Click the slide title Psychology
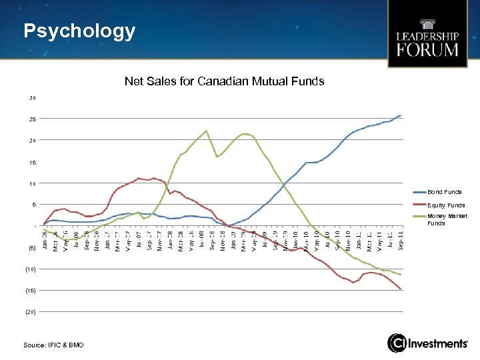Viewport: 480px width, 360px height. [79, 31]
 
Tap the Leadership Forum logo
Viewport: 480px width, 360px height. [427, 34]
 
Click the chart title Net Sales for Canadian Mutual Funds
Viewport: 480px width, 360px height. [224, 81]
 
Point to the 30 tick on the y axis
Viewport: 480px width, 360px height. [32, 98]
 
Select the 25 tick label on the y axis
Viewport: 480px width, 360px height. [32, 119]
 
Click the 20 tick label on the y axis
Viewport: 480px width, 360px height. [32, 141]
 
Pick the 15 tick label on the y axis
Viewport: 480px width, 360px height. [32, 163]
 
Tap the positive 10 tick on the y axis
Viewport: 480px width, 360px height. [32, 184]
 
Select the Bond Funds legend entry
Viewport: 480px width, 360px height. [444, 192]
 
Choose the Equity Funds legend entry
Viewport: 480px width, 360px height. [445, 205]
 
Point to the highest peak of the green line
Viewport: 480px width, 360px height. [207, 131]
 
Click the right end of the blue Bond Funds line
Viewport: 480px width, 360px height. [400, 115]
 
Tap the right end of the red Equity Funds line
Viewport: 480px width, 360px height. [401, 289]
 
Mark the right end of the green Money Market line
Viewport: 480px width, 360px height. [401, 275]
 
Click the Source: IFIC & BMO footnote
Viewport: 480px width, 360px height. [53, 344]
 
